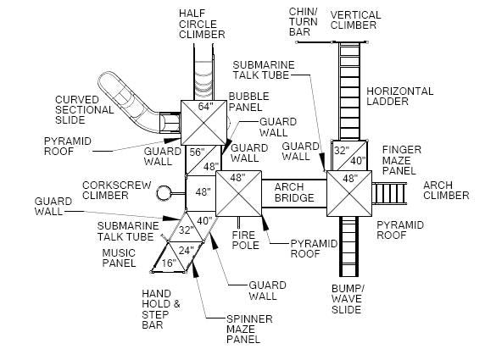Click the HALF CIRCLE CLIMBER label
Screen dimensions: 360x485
[x=202, y=24]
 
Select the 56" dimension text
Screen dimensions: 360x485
[x=198, y=152]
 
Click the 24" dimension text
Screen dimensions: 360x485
[x=186, y=250]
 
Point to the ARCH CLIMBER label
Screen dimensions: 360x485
[x=445, y=190]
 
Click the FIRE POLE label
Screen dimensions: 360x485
[x=247, y=240]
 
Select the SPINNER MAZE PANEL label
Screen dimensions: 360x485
[x=226, y=329]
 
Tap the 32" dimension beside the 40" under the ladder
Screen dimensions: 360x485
[x=340, y=150]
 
